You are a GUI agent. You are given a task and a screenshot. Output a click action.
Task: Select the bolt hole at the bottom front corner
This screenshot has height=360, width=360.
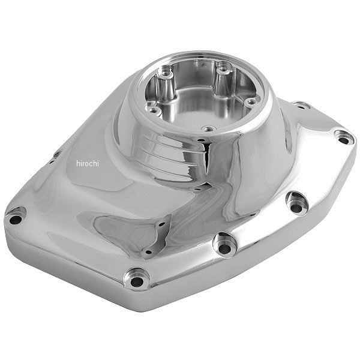click(138, 280)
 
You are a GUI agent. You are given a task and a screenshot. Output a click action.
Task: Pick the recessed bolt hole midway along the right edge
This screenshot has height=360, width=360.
click(296, 202)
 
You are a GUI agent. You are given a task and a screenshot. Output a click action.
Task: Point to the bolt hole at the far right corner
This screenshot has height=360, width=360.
click(344, 139)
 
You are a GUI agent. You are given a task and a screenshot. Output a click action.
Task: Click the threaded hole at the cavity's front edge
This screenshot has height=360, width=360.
click(209, 128)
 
